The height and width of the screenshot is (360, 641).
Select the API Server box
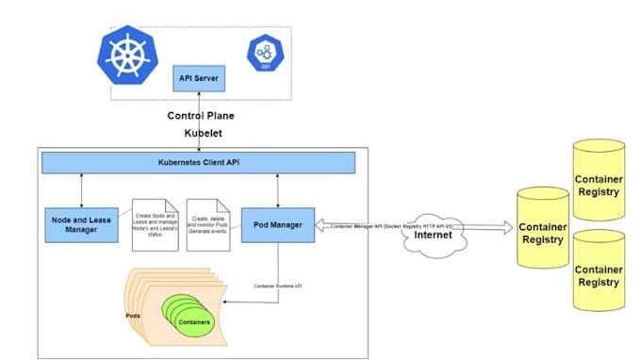(198, 77)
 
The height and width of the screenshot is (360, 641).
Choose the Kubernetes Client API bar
(199, 163)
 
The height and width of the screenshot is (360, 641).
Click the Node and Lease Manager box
(82, 222)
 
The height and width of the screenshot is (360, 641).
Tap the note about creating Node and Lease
(155, 223)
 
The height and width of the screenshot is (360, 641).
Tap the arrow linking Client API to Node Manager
(82, 189)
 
